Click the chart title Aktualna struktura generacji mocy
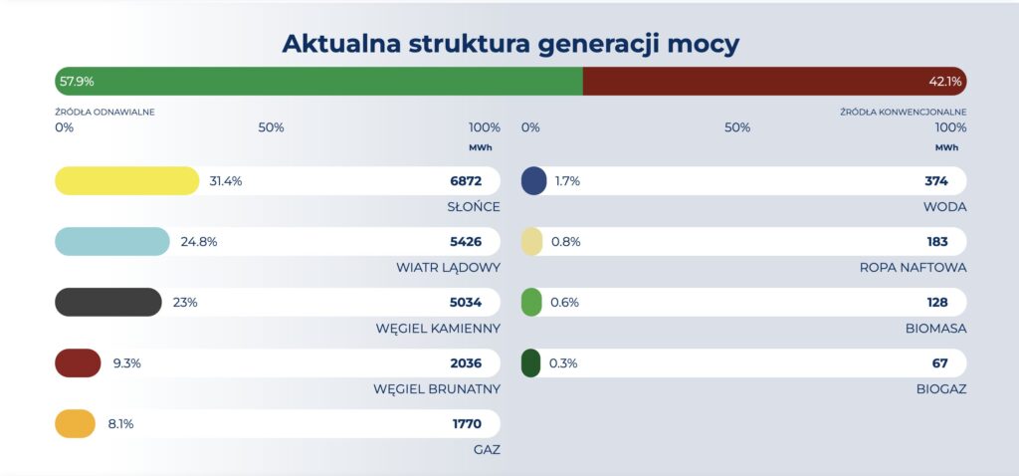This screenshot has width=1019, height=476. (x=509, y=44)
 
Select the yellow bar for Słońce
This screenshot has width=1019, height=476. (x=127, y=181)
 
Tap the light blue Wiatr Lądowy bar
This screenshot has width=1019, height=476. (x=112, y=242)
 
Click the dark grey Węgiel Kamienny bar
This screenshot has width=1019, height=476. (x=107, y=303)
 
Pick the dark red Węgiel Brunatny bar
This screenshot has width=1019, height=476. (x=78, y=363)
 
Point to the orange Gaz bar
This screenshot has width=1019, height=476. (x=75, y=424)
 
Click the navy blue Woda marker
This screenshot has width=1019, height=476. (x=534, y=181)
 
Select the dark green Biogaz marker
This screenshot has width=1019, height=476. (x=531, y=363)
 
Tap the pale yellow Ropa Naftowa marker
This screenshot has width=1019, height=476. (x=532, y=242)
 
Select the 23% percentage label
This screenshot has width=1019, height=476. (x=185, y=303)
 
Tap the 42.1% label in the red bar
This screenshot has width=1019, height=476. (x=944, y=82)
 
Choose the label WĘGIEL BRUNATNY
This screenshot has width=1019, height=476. (x=438, y=389)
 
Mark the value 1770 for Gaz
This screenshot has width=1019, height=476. (x=467, y=424)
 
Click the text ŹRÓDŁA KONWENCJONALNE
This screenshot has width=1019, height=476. (x=903, y=113)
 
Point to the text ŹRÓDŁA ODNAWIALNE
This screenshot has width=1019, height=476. (x=104, y=113)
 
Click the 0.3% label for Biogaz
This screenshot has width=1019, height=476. (x=563, y=363)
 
